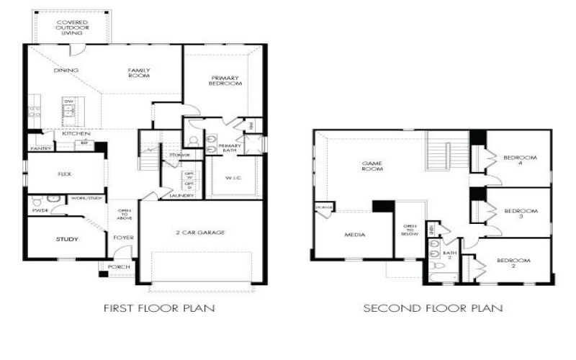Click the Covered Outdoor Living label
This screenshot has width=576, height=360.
pos(72,27)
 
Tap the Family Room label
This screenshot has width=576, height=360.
pos(138,73)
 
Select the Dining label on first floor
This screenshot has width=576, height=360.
pos(66,70)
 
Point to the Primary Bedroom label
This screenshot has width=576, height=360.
pos(225,81)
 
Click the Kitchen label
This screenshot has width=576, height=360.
pos(75,134)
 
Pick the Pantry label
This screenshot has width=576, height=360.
pos(40,148)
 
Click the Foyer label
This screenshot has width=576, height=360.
pos(123,237)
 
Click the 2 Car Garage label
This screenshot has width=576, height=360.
pos(202,233)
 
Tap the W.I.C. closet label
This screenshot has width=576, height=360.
pos(233,178)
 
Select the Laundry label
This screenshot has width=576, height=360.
pos(178,195)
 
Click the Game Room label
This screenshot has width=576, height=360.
pos(372,166)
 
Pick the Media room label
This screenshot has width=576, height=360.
pos(355,235)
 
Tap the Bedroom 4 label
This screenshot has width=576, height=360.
pos(517,160)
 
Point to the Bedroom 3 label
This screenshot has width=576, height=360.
pos(517,214)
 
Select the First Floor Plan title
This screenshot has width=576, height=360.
pos(159,308)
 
